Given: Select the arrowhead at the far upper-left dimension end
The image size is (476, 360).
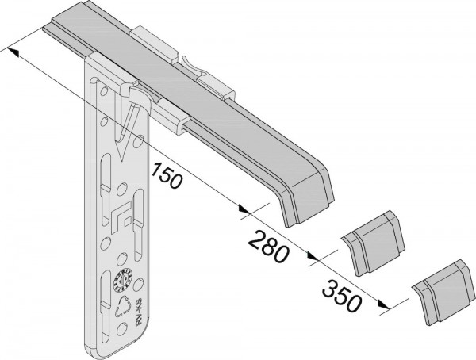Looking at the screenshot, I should [x=10, y=51].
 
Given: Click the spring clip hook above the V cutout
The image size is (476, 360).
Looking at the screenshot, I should [x=136, y=98].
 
